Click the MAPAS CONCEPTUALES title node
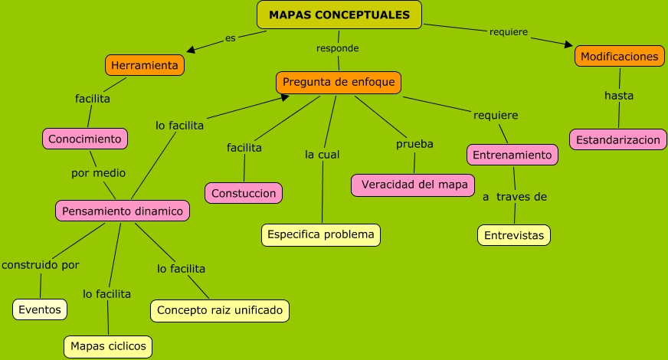coord(339,15)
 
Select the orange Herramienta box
coord(145,66)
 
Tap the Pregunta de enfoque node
coord(339,83)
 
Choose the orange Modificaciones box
coord(619,57)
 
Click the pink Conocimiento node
coord(84,139)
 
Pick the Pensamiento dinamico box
coord(123,211)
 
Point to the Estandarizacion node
coord(617,139)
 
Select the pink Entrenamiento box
coord(512,155)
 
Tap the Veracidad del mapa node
coord(414,185)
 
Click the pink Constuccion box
coord(244,194)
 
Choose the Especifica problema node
coord(321,234)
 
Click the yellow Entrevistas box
coord(514,235)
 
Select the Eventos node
coord(40,309)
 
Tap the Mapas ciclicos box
coord(107,346)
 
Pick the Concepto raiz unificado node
coord(220,310)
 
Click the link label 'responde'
coord(338,47)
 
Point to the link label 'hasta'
coord(619,96)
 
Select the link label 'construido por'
coord(40,265)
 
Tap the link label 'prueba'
coord(414,144)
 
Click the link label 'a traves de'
coord(514,197)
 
